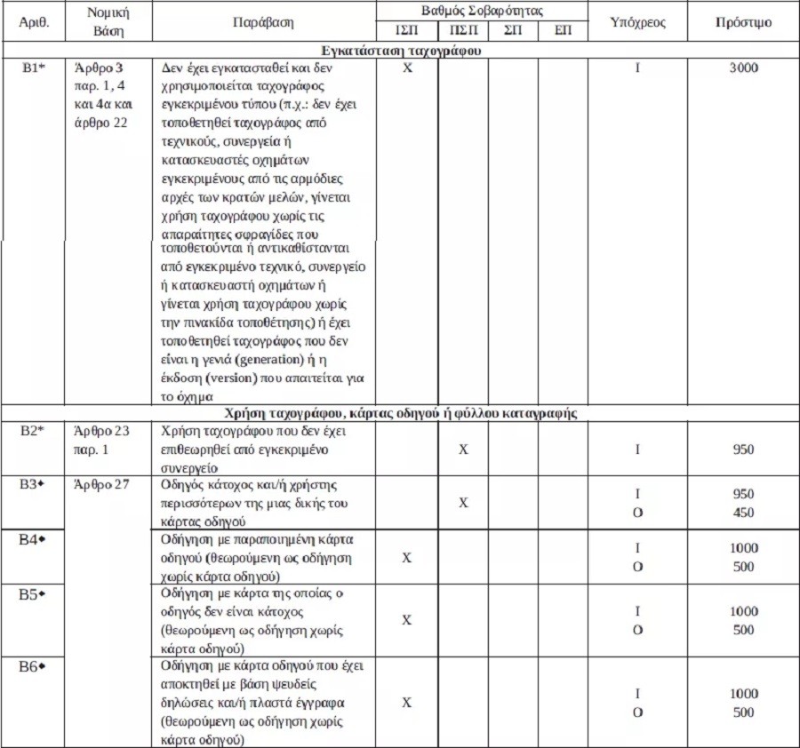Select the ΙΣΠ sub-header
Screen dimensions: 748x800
[x=406, y=29]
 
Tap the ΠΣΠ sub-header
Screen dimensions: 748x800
[x=461, y=29]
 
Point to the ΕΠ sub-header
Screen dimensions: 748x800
[x=563, y=29]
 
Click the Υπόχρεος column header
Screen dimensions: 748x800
[x=638, y=21]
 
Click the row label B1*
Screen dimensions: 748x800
[x=34, y=68]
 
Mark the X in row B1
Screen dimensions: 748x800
[x=406, y=68]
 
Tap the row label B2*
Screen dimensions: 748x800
[x=34, y=431]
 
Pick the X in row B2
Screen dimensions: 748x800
[x=462, y=450]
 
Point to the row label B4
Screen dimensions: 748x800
[x=33, y=539]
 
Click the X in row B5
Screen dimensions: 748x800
[x=406, y=620]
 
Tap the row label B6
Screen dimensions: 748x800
[x=33, y=666]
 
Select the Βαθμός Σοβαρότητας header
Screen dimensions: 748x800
[x=483, y=12]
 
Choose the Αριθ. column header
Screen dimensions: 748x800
[x=34, y=21]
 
